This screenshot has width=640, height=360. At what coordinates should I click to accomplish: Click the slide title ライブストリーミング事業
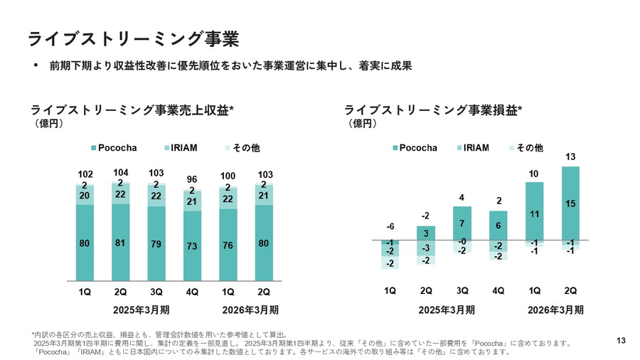click(132, 38)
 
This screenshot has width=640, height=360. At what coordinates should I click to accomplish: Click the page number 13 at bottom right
click(620, 342)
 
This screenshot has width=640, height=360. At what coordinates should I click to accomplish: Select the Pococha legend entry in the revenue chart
click(114, 148)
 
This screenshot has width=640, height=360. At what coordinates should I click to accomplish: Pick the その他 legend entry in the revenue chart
click(247, 148)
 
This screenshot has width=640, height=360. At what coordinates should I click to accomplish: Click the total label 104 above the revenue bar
click(120, 173)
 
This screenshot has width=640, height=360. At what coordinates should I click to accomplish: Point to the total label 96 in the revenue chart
click(192, 180)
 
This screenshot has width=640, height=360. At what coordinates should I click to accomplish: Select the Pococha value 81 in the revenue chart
click(120, 243)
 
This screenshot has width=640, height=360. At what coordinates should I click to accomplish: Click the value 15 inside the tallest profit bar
click(570, 204)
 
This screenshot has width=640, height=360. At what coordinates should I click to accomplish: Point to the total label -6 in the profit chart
click(390, 226)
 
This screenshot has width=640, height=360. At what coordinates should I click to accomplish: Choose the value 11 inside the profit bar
click(534, 213)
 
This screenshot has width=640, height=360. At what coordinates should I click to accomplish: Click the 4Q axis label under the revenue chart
click(192, 292)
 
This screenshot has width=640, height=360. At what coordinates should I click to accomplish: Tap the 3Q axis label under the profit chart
click(462, 292)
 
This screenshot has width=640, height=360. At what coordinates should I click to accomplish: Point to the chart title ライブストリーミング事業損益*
click(432, 110)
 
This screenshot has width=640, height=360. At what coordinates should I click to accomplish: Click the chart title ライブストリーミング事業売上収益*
click(132, 110)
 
